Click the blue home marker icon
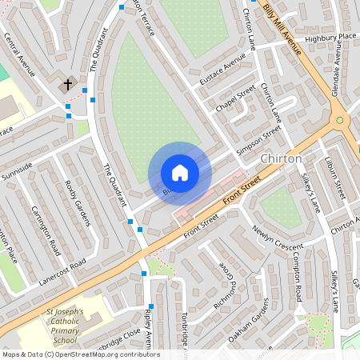tap(180, 173)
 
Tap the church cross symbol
tap(68, 83)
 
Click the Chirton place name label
tap(281, 158)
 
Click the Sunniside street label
tap(17, 169)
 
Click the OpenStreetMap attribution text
tap(81, 354)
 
